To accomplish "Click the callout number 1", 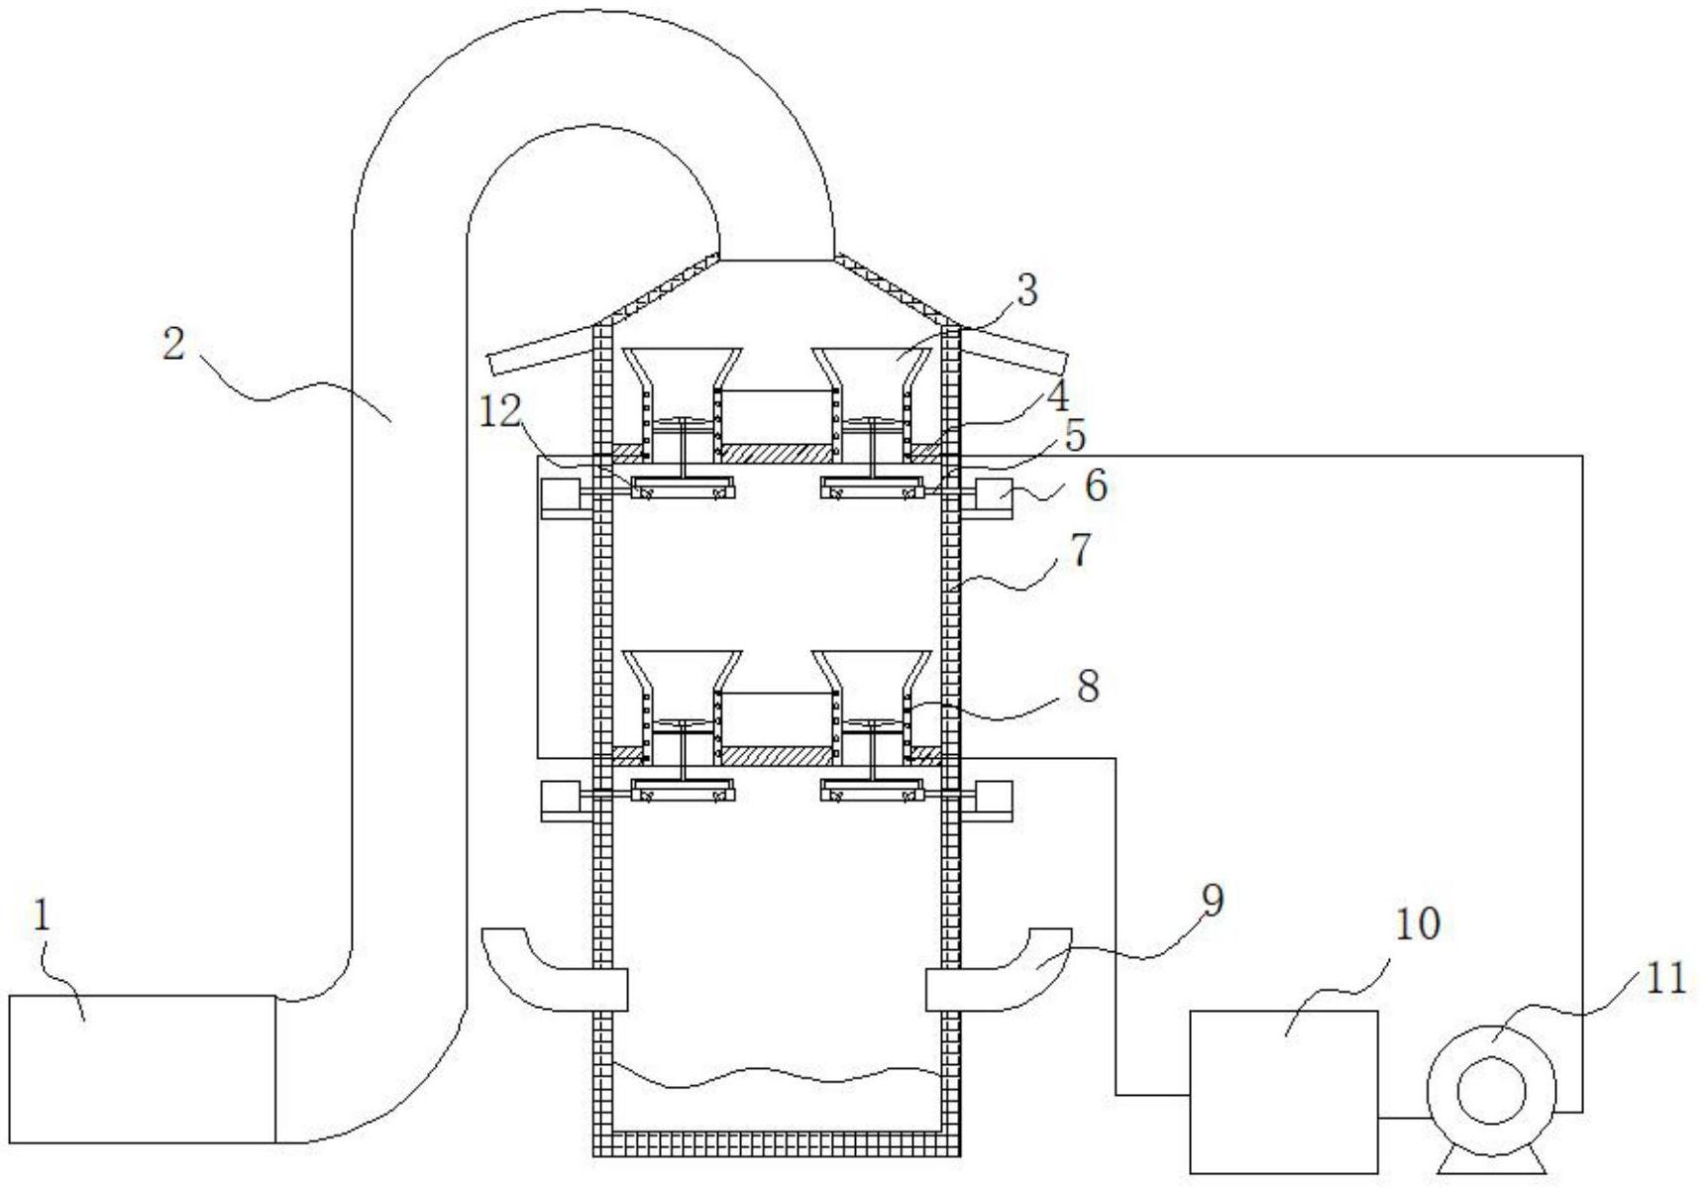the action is (x=41, y=917).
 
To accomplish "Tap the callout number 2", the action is (x=174, y=344).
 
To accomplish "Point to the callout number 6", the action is (x=1095, y=486).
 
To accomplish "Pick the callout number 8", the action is (x=1088, y=685).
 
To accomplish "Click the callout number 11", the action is (x=1666, y=979).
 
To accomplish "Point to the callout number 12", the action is (x=500, y=411).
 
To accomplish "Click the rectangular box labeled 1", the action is (x=142, y=1068).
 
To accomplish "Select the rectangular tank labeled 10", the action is (x=1283, y=1091).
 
